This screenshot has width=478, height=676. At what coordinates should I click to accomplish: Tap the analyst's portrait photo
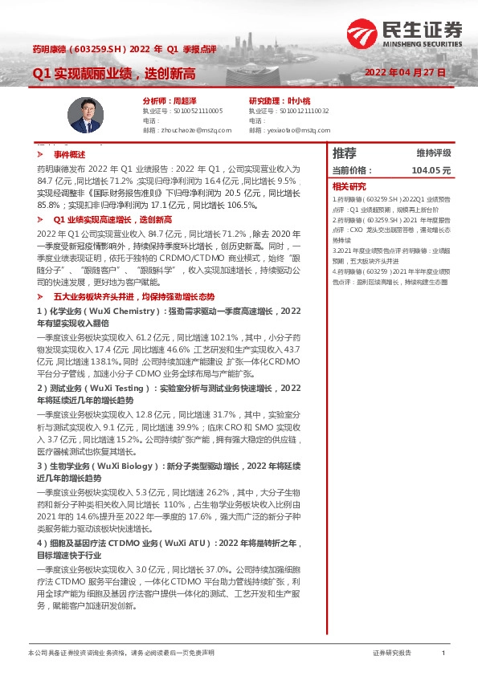tap(83, 115)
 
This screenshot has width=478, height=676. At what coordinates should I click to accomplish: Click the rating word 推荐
tap(344, 153)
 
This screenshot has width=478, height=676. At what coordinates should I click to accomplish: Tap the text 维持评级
tap(433, 153)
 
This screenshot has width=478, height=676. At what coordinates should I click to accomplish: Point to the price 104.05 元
tap(431, 170)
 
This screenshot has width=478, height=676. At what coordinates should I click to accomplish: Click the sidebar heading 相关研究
tap(347, 186)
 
